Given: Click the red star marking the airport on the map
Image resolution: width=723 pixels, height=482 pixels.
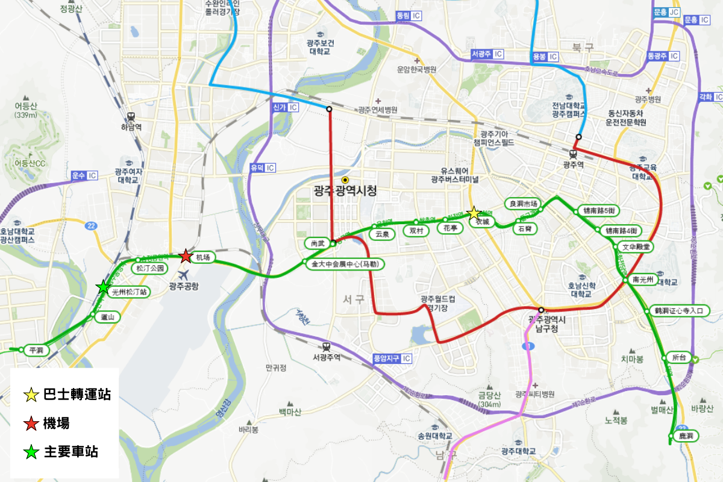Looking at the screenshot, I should click(x=186, y=256).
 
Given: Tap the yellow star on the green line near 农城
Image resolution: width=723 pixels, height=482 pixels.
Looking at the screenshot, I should click(x=474, y=213).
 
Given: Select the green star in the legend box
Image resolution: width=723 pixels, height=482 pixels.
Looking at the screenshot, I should click(x=31, y=452).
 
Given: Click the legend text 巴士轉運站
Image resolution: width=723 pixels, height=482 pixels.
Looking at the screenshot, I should click(x=77, y=395).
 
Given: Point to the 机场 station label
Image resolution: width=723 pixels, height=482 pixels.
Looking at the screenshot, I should click(x=203, y=258).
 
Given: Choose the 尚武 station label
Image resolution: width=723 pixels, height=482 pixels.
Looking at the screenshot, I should click(x=318, y=243).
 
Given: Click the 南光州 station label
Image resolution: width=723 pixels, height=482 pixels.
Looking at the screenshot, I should click(x=643, y=280).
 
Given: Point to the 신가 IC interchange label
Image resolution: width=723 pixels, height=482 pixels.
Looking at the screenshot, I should click(x=282, y=107).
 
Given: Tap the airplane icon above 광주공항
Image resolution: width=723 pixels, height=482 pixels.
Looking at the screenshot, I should click(x=180, y=274).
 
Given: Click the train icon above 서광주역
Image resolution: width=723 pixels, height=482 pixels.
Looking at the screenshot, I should click(x=326, y=346).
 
